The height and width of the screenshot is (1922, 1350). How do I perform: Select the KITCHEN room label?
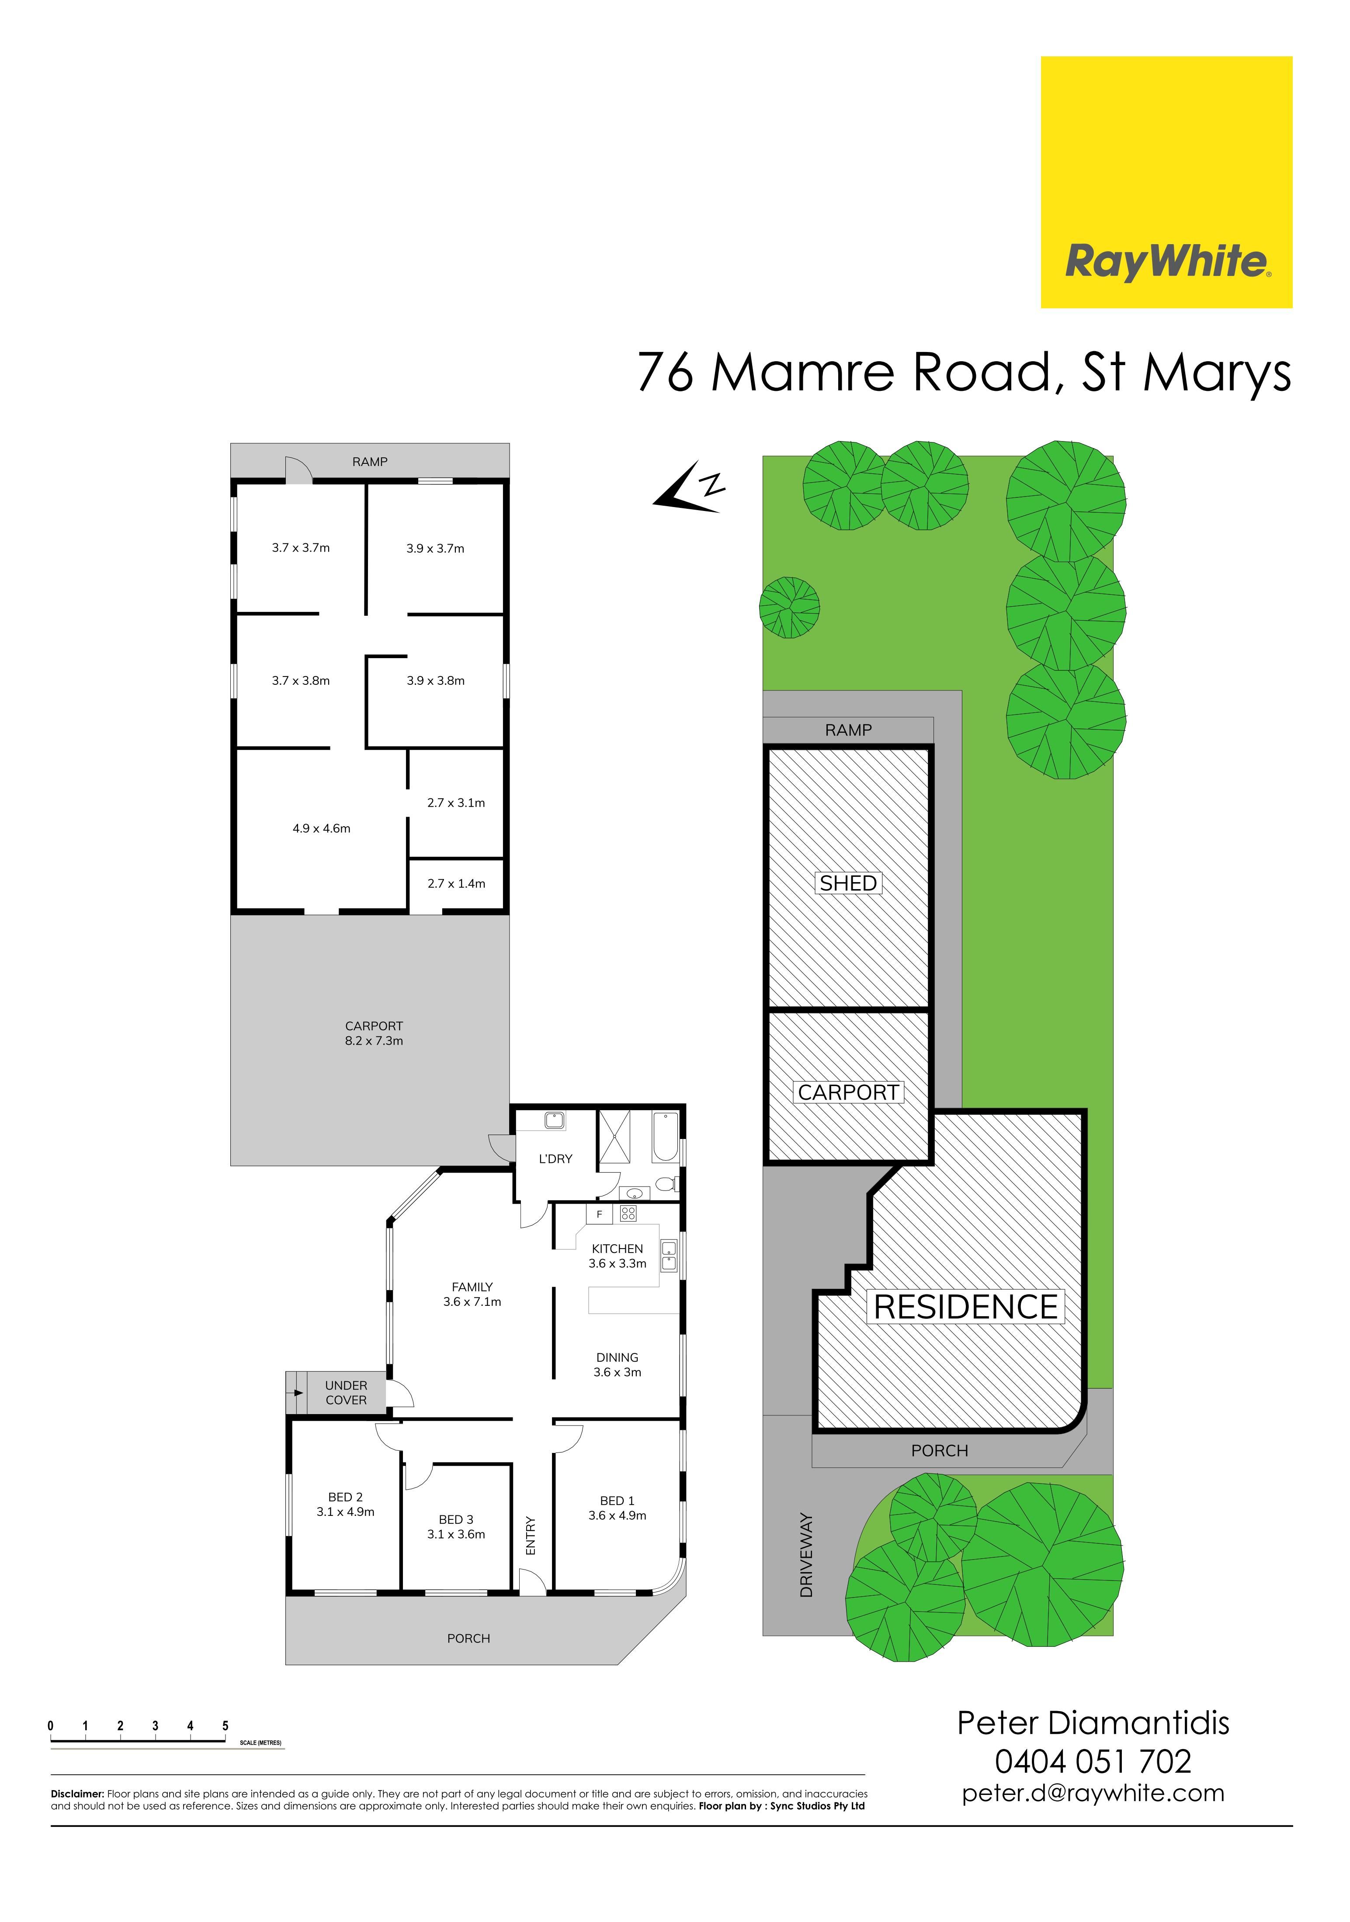(x=617, y=1248)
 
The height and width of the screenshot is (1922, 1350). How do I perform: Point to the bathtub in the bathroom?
(x=665, y=1136)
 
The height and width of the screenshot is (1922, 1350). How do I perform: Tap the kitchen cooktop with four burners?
(x=628, y=1213)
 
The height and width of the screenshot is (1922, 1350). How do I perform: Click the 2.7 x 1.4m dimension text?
(x=456, y=883)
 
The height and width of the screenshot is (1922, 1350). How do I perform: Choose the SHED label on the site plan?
(x=848, y=883)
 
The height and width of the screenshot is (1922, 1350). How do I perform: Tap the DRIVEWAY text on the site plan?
(x=806, y=1555)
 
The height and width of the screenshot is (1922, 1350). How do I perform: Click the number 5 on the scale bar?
(x=225, y=1726)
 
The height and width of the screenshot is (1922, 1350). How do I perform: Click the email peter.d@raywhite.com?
(x=1093, y=1794)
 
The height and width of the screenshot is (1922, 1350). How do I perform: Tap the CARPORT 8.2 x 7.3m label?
(x=375, y=1033)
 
